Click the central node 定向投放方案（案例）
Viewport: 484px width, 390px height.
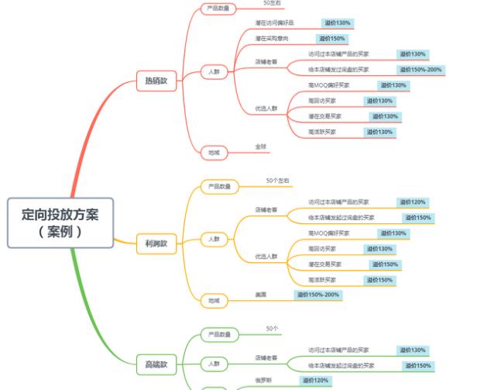60,222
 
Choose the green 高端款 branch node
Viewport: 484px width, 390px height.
156,364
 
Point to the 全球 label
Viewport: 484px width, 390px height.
261,146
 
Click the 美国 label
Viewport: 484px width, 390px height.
261,295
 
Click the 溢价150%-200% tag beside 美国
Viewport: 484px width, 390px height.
318,295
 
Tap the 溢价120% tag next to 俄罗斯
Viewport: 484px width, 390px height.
315,380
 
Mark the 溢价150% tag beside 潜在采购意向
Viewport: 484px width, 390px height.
331,38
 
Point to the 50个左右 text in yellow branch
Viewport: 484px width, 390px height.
277,181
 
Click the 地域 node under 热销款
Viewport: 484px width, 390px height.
213,152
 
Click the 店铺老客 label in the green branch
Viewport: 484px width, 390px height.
266,357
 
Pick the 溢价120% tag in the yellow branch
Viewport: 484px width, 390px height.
412,202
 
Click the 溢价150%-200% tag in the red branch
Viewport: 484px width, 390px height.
420,70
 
